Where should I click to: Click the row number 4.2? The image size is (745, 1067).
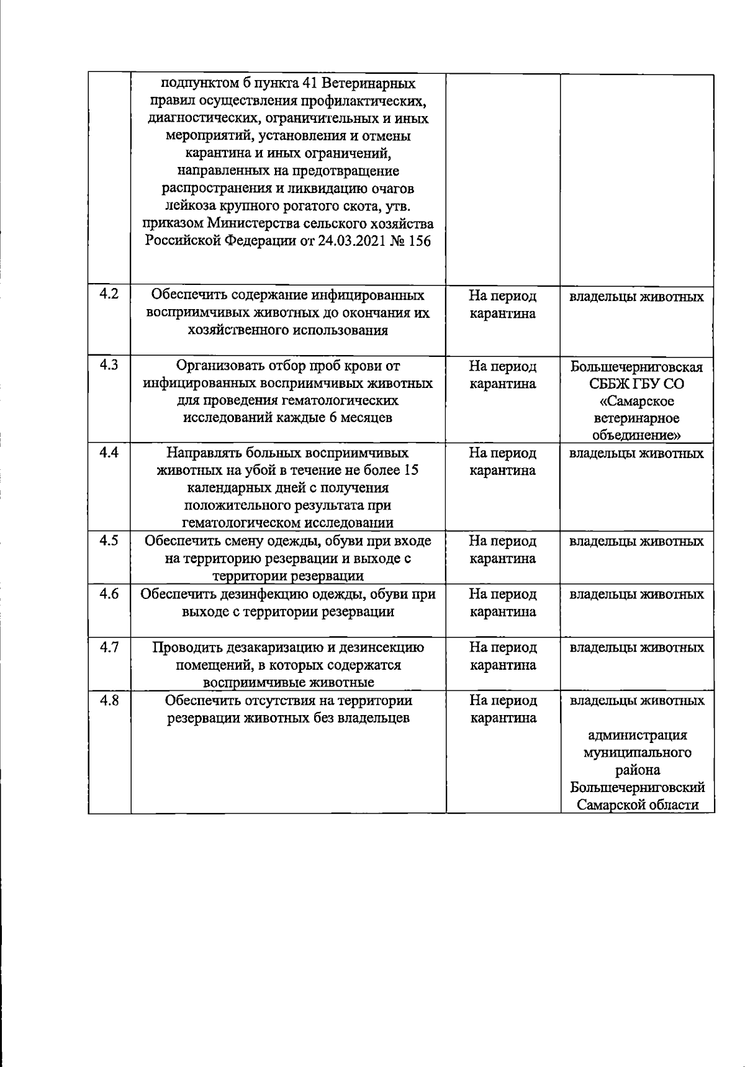pyautogui.click(x=109, y=294)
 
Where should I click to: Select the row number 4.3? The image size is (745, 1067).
pyautogui.click(x=109, y=364)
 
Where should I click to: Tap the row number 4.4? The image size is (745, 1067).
pyautogui.click(x=109, y=452)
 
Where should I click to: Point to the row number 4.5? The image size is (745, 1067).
pyautogui.click(x=109, y=540)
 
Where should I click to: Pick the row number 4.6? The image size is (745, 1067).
pyautogui.click(x=109, y=593)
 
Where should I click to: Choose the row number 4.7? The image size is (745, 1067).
pyautogui.click(x=109, y=647)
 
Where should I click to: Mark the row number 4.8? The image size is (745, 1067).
pyautogui.click(x=109, y=700)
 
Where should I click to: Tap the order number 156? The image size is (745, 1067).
pyautogui.click(x=419, y=241)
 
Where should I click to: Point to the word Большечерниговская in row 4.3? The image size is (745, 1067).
pyautogui.click(x=637, y=367)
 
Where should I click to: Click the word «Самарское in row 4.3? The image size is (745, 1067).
pyautogui.click(x=637, y=402)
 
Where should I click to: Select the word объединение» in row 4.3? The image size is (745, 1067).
pyautogui.click(x=637, y=435)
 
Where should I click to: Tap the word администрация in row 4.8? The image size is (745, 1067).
pyautogui.click(x=637, y=736)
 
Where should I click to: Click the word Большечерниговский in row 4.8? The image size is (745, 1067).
pyautogui.click(x=637, y=788)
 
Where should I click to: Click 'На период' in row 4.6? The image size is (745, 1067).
pyautogui.click(x=502, y=594)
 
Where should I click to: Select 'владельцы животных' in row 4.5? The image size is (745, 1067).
pyautogui.click(x=637, y=541)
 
